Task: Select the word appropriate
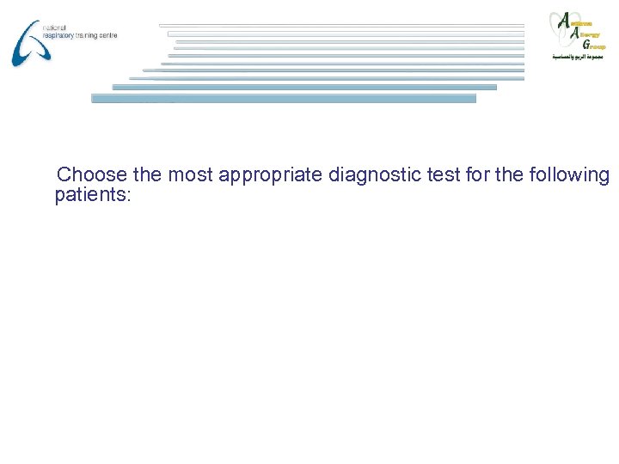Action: (269, 176)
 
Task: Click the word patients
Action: (92, 195)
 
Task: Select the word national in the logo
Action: (53, 27)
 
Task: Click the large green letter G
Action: (586, 44)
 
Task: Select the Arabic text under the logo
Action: (578, 56)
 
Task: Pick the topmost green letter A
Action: (564, 20)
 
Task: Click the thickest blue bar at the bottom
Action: (284, 98)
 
